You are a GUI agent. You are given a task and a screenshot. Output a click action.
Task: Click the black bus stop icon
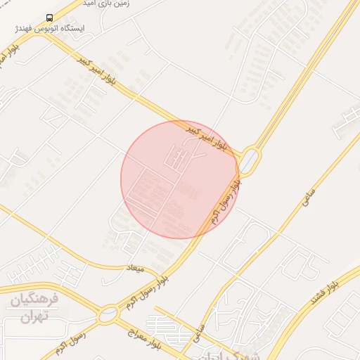tap(49, 18)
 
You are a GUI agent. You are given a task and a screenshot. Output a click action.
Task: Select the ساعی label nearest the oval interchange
tap(307, 200)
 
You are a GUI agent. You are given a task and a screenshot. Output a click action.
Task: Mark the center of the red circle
tap(179, 179)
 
